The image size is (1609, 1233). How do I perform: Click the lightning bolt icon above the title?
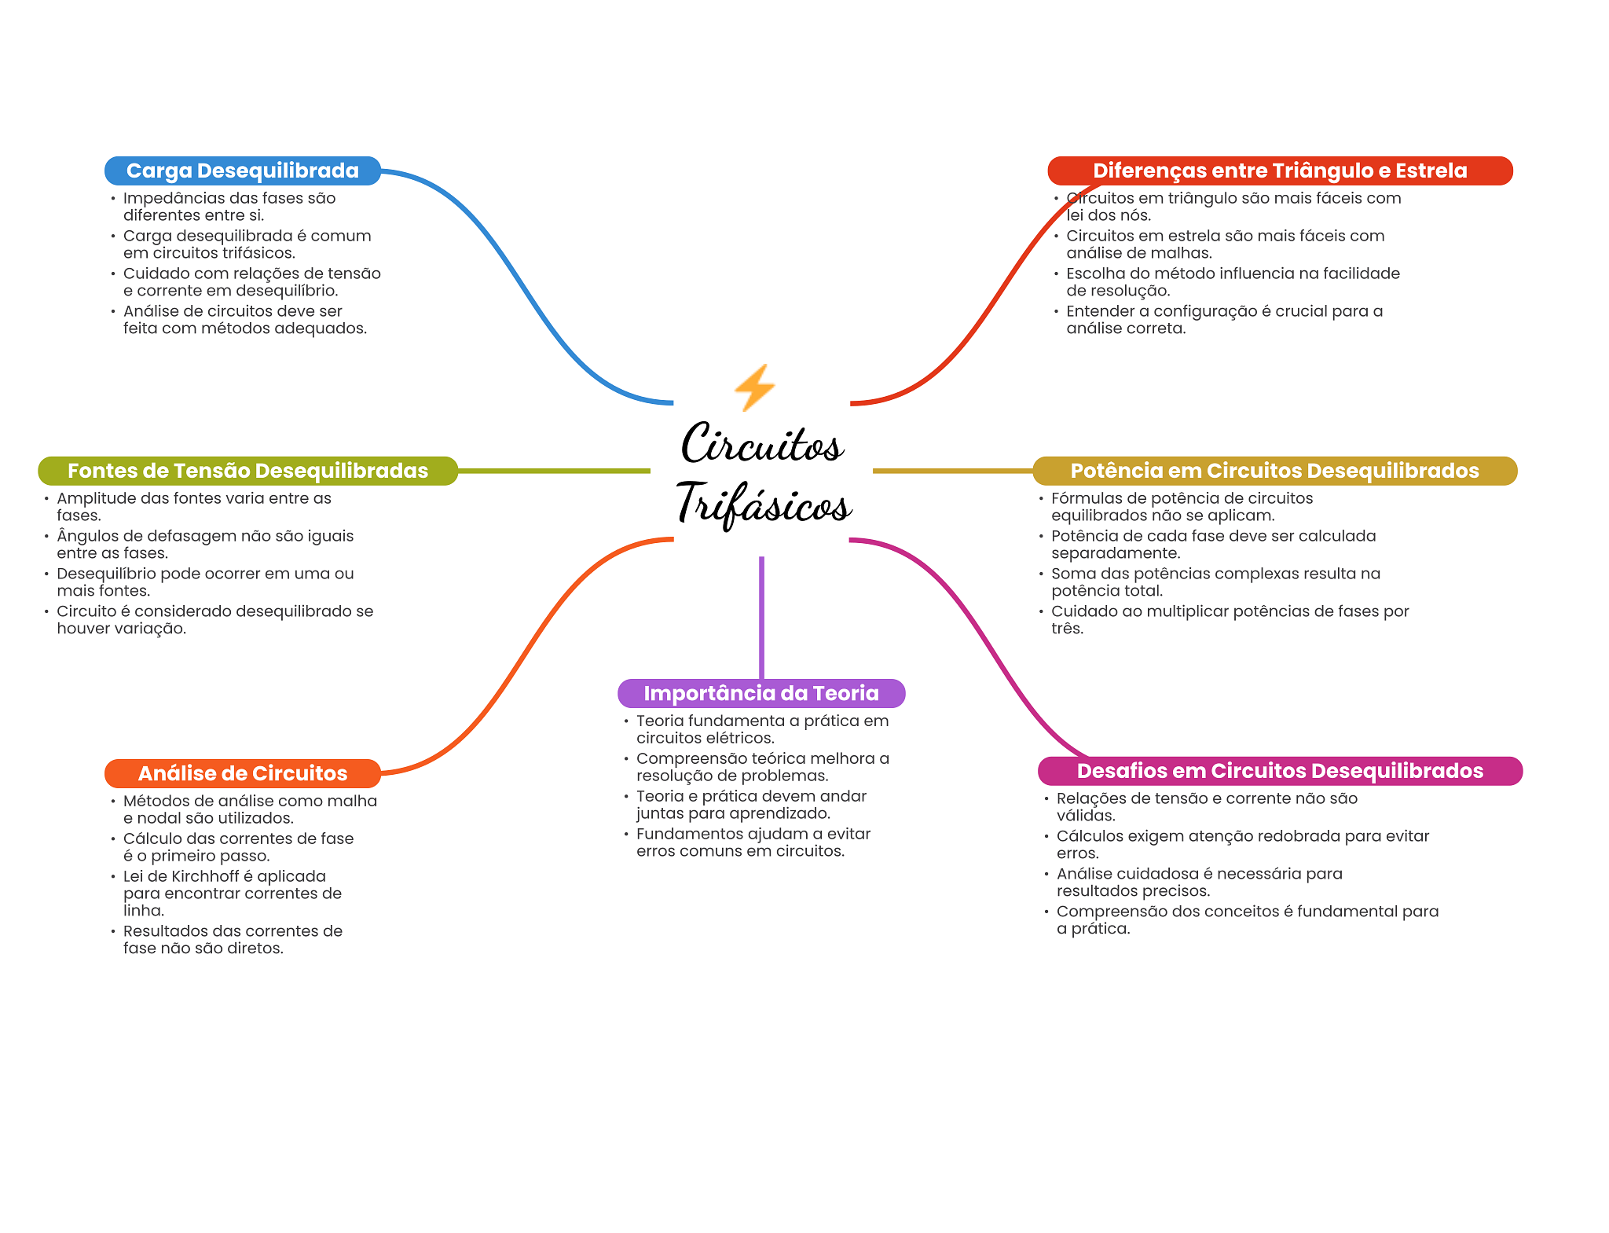click(x=754, y=387)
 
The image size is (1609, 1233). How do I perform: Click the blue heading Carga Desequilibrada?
click(x=242, y=171)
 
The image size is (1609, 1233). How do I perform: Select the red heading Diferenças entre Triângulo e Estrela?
click(x=1279, y=171)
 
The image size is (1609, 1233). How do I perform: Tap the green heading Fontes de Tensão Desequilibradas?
click(x=247, y=471)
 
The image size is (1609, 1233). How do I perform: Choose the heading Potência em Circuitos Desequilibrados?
click(x=1274, y=471)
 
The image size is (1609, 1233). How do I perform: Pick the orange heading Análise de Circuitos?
click(x=242, y=773)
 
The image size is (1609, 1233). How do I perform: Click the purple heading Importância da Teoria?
click(x=761, y=693)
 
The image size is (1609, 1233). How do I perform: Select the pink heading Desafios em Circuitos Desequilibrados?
click(x=1279, y=771)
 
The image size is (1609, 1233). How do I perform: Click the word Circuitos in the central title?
click(x=761, y=444)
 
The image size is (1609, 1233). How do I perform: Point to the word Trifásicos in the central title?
click(x=763, y=504)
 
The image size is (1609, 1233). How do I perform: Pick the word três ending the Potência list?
click(x=1066, y=629)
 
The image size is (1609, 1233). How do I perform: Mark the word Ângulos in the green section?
click(x=85, y=536)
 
